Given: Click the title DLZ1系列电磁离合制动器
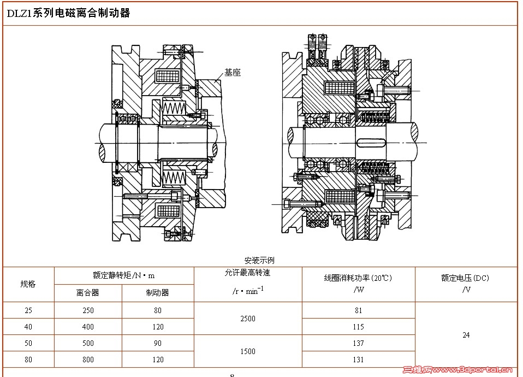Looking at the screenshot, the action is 68,13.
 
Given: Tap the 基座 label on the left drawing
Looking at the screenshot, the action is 232,73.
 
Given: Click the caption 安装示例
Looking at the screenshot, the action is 259,260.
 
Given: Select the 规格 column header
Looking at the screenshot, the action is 28,284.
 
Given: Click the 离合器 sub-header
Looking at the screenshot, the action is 88,293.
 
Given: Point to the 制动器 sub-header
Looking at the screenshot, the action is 157,293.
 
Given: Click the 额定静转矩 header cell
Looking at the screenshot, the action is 124,275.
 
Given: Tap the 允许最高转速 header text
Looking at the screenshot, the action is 247,273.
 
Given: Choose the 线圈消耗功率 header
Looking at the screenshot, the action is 358,278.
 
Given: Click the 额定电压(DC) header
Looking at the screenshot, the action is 465,278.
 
